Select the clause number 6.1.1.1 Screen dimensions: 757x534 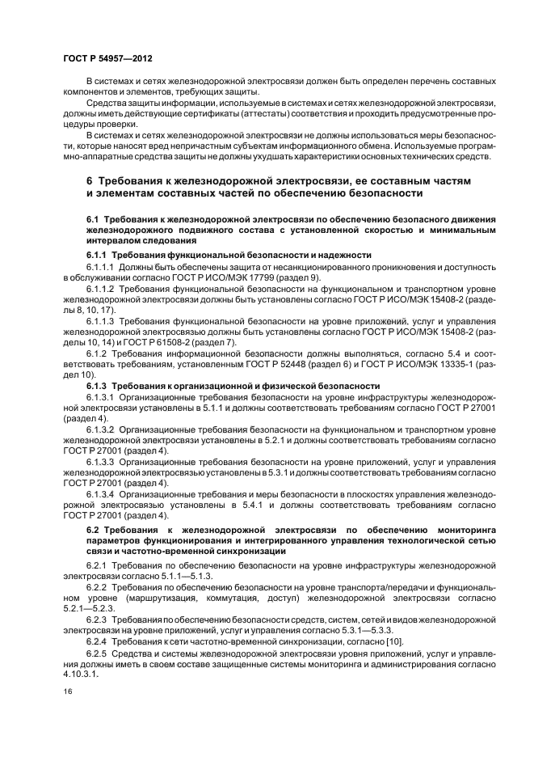(102, 266)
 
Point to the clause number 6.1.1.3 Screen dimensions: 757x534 (102, 320)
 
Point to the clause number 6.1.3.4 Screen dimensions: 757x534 (102, 493)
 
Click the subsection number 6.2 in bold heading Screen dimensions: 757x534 (92, 528)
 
